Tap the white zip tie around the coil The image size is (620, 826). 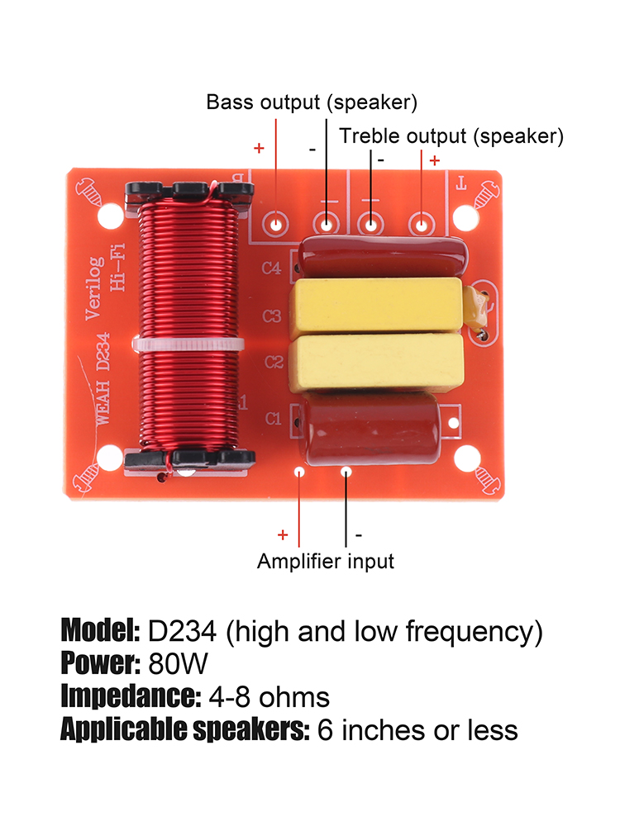click(x=188, y=344)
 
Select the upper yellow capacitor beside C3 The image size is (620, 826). click(x=374, y=305)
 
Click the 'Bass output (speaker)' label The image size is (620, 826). click(x=312, y=102)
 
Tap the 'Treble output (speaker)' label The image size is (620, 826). click(x=451, y=135)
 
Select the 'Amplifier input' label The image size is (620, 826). click(x=326, y=562)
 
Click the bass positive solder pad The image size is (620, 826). click(x=276, y=223)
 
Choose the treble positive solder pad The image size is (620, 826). click(x=422, y=223)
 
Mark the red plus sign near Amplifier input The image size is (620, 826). click(x=283, y=534)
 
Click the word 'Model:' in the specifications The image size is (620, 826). click(x=100, y=632)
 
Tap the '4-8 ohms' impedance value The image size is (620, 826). click(x=269, y=697)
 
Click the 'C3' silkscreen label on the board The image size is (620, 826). click(x=272, y=316)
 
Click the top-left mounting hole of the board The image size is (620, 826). click(x=108, y=219)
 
